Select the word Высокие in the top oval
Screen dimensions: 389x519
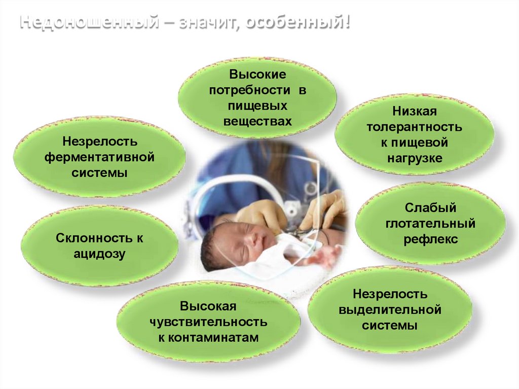click(257, 75)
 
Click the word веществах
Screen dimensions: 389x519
click(257, 122)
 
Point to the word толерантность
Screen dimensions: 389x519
click(415, 126)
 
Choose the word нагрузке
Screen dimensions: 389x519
click(415, 158)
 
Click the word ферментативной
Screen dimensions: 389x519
click(99, 157)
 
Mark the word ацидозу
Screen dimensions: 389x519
click(100, 254)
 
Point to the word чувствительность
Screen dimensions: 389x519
click(208, 322)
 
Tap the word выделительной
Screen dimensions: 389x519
click(390, 309)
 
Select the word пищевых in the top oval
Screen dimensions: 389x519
click(257, 106)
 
